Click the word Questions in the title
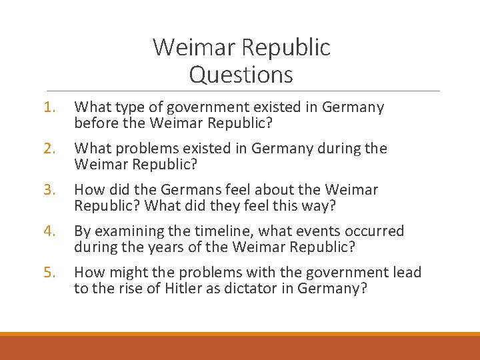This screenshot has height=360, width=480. [241, 75]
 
